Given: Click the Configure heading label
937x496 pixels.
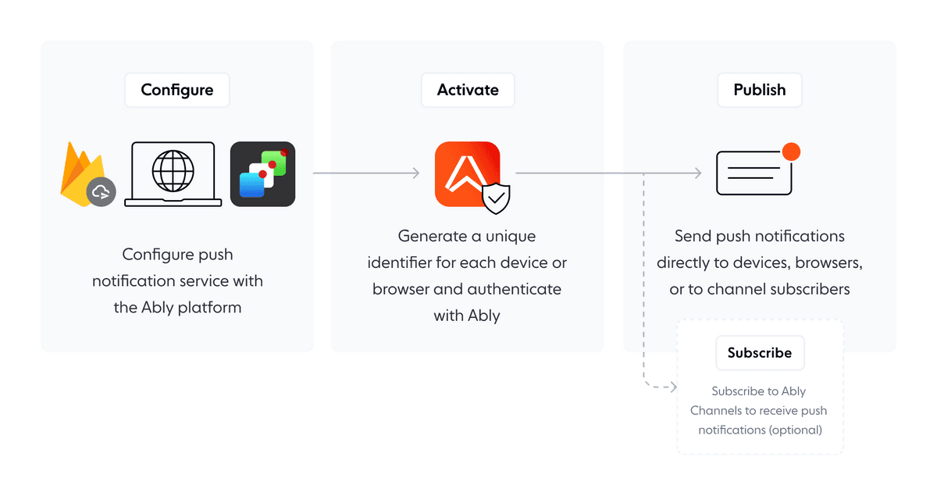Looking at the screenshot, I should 177,90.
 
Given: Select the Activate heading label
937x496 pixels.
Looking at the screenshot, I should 468,90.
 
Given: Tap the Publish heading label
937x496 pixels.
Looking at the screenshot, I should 759,90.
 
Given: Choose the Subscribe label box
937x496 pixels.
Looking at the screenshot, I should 760,353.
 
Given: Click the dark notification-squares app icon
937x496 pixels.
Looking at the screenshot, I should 262,173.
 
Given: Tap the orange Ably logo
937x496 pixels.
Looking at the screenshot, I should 466,173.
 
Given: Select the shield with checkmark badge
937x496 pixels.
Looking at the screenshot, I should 496,198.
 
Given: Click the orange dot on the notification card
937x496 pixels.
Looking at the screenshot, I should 791,152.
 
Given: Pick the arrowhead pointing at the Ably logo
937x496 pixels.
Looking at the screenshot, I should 416,173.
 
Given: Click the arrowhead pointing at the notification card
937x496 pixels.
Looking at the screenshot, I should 697,173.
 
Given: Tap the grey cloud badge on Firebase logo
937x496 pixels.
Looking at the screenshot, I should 102,192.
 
